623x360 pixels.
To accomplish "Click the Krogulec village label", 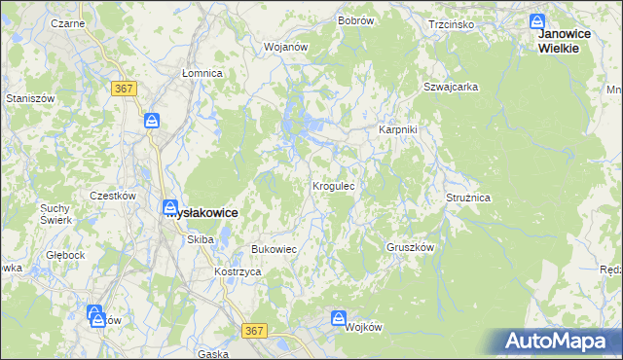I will (339, 185).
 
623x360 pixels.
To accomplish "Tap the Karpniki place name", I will (398, 129).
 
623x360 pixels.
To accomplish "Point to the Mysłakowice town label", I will (202, 212).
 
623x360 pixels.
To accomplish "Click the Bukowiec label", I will (274, 249).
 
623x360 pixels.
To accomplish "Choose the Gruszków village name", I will (410, 247).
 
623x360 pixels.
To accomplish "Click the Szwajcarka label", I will (450, 87).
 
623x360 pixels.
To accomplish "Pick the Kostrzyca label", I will (238, 271).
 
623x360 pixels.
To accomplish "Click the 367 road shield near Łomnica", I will (124, 89).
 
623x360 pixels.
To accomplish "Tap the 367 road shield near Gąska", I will (255, 331).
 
